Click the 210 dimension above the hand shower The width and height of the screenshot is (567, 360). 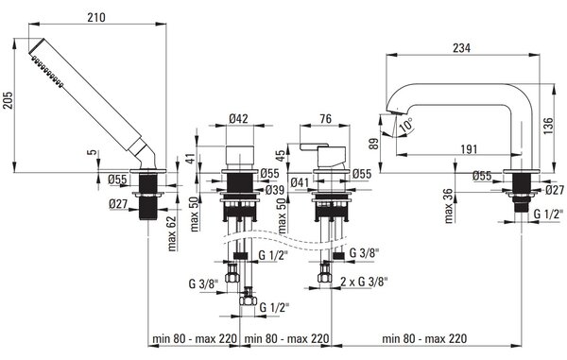pyautogui.click(x=96, y=17)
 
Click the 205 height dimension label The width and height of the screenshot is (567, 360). pyautogui.click(x=8, y=100)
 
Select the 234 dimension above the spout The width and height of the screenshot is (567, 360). pyautogui.click(x=462, y=47)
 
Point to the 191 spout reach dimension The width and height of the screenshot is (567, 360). pyautogui.click(x=469, y=149)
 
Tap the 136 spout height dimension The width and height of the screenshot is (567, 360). pyautogui.click(x=548, y=127)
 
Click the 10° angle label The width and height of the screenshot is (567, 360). pyautogui.click(x=406, y=125)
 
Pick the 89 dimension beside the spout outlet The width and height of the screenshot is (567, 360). pyautogui.click(x=374, y=144)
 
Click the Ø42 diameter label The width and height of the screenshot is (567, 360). pyautogui.click(x=239, y=118)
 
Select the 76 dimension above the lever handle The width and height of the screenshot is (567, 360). pyautogui.click(x=325, y=118)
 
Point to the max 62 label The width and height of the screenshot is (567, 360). pyautogui.click(x=172, y=233)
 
